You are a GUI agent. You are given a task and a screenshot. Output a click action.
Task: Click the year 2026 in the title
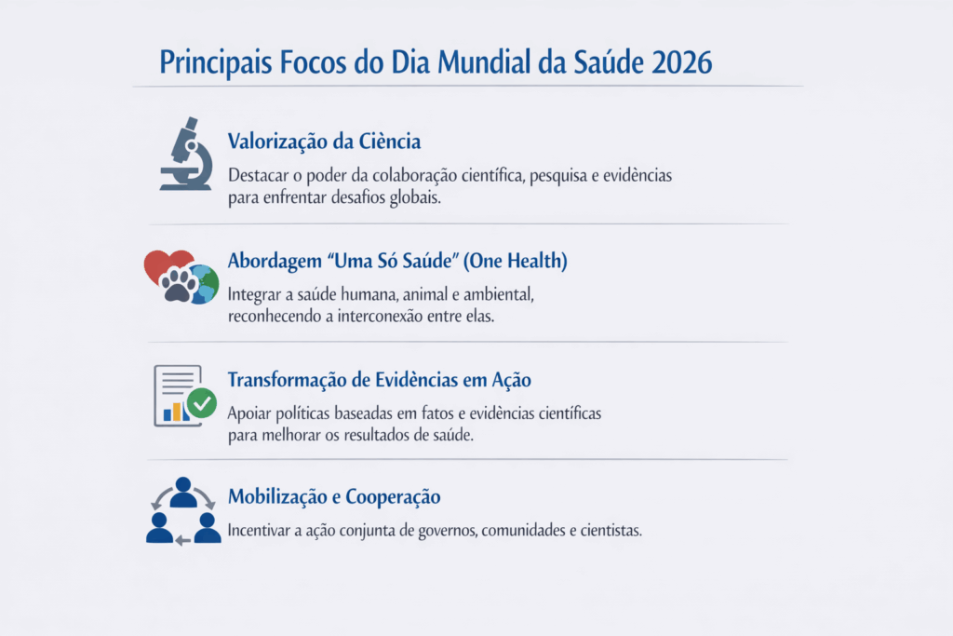click(681, 62)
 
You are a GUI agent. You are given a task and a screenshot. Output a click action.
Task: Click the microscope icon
click(186, 154)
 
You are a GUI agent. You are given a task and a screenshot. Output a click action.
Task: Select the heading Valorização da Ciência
click(324, 142)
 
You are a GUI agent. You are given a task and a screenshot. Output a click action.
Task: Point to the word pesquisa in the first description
click(557, 176)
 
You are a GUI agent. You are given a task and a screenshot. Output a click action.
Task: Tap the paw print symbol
click(179, 285)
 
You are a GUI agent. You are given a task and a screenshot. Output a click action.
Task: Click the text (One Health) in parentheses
click(515, 261)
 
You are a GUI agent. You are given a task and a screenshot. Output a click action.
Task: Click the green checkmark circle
click(202, 403)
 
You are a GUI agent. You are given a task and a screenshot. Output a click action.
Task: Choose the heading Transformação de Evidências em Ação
click(380, 380)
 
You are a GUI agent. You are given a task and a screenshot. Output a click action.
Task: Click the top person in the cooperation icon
click(183, 492)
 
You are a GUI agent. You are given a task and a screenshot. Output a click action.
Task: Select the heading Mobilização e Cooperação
click(334, 496)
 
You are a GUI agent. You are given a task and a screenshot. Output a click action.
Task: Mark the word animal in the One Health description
click(424, 294)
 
